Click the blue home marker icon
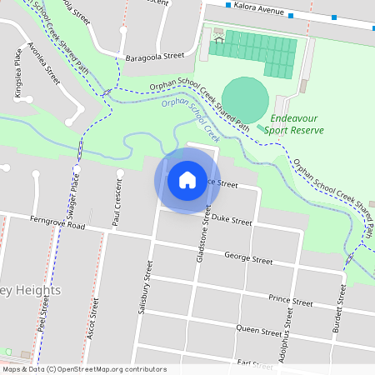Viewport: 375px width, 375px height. tap(187, 179)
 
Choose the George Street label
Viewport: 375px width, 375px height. tap(248, 260)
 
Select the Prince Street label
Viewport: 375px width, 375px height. tap(290, 301)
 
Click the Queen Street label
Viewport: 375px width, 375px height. tap(260, 331)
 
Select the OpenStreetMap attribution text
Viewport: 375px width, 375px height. tap(84, 369)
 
